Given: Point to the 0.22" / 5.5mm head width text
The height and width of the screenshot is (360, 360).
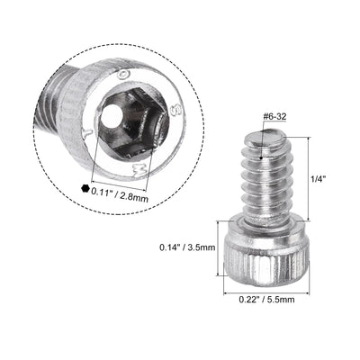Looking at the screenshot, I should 266,301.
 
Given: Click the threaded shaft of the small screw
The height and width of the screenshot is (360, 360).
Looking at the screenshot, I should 265,180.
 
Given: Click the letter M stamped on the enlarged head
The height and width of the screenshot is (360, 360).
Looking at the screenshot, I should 135,166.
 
